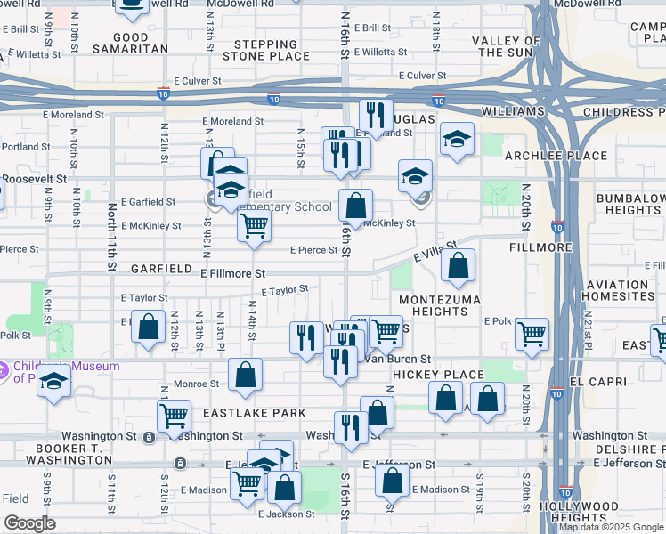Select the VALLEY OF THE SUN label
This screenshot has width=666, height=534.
[507, 47]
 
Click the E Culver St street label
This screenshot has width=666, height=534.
[198, 80]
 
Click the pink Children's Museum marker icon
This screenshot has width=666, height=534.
[4, 368]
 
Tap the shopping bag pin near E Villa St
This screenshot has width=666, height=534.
[458, 265]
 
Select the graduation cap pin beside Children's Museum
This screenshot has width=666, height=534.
[54, 382]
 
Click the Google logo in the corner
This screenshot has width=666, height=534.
[29, 522]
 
